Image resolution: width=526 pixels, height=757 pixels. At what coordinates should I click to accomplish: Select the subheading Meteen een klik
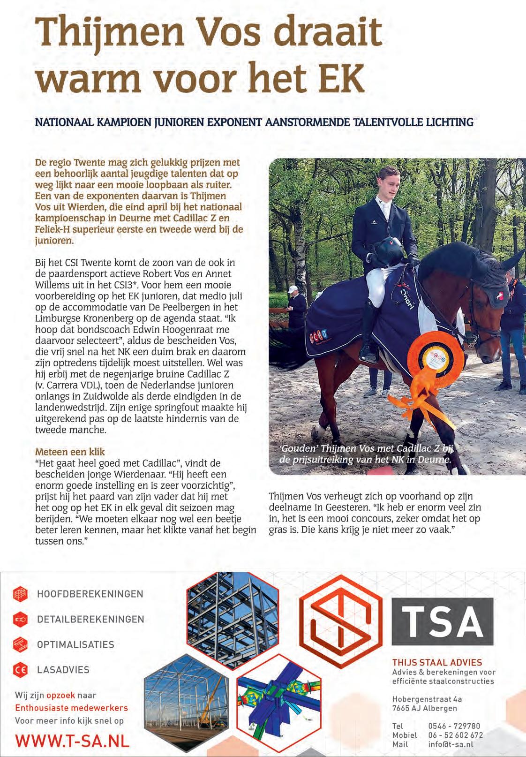tap(70, 452)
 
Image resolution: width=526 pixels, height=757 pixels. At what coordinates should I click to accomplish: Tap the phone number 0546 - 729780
tap(454, 726)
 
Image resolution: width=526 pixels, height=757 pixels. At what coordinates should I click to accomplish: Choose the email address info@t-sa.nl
tap(451, 744)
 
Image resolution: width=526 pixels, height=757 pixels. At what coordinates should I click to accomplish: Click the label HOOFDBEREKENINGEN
tap(90, 594)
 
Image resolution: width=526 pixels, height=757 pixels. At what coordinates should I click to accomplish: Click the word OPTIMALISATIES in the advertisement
tap(75, 644)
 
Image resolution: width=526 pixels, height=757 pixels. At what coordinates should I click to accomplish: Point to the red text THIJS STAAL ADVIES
tap(437, 663)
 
